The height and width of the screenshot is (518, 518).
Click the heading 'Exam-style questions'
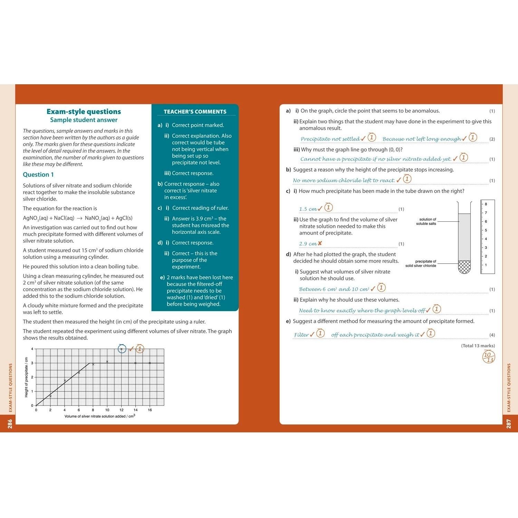pos(84,112)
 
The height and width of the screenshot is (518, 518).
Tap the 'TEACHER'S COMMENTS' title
pos(195,112)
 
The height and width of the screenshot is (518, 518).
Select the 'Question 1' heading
pos(38,175)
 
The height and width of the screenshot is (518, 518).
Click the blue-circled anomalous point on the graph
pos(122,349)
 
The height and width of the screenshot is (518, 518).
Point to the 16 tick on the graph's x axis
pos(150,410)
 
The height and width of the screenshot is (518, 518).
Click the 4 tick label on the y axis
pos(32,349)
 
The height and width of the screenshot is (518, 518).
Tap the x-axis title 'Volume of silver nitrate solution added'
pos(99,416)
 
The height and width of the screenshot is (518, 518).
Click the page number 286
pos(10,424)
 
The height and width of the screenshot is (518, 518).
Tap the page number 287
pos(508,424)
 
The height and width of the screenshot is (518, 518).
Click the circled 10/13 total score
pos(488,357)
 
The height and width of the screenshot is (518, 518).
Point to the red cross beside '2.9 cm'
pos(320,243)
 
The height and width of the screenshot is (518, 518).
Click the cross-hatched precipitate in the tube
pos(464,267)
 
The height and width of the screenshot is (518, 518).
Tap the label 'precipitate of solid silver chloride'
pos(421,263)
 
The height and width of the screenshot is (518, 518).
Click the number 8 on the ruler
pos(486,204)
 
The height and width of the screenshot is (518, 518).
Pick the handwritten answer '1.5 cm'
pos(308,209)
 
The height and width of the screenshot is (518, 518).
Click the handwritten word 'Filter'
pos(301,335)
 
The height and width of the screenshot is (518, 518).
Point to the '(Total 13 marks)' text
pos(478,346)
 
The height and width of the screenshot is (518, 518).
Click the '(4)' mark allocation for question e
pos(492,335)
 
